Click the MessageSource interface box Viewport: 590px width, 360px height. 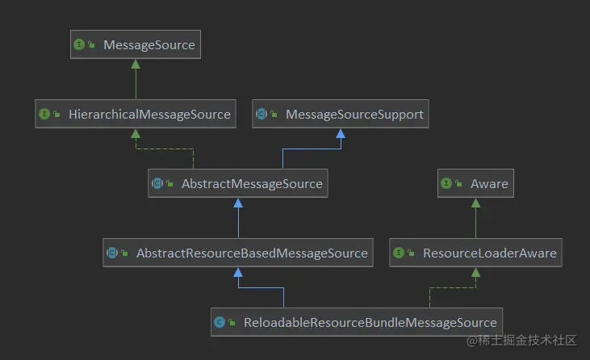[135, 45]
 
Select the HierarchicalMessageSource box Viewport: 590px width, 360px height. [136, 115]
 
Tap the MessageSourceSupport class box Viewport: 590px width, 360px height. [340, 115]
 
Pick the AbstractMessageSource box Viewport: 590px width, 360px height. [237, 184]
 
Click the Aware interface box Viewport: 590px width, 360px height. [475, 184]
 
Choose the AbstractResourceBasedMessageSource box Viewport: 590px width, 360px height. [237, 253]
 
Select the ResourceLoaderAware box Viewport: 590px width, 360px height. [475, 253]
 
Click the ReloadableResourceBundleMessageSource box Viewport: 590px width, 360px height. [357, 322]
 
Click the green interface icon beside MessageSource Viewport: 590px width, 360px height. [79, 45]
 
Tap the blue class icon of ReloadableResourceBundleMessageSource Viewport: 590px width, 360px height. [220, 322]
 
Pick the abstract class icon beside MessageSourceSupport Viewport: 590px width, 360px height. [262, 115]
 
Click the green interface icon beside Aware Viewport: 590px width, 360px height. [446, 184]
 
